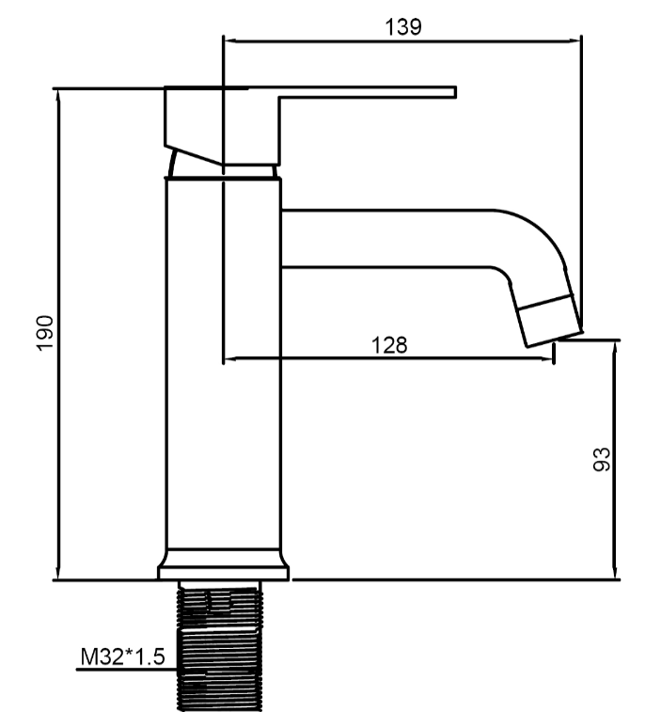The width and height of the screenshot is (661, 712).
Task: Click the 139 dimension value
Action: pyautogui.click(x=403, y=26)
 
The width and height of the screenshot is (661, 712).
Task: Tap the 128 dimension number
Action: pyautogui.click(x=389, y=345)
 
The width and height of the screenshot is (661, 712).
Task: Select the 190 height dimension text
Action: pyautogui.click(x=45, y=332)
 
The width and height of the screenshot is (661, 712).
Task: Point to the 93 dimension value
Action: pyautogui.click(x=602, y=459)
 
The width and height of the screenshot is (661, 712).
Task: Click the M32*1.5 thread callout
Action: pyautogui.click(x=122, y=657)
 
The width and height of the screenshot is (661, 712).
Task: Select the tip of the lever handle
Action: pyautogui.click(x=455, y=92)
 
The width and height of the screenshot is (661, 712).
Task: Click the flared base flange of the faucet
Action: pyautogui.click(x=224, y=564)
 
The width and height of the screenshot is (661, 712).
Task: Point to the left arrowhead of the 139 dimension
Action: pyautogui.click(x=229, y=40)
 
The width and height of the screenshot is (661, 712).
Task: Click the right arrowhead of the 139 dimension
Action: pyautogui.click(x=574, y=40)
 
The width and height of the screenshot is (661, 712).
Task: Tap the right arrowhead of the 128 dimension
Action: pyautogui.click(x=546, y=358)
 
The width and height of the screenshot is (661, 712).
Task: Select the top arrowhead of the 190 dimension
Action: pyautogui.click(x=57, y=94)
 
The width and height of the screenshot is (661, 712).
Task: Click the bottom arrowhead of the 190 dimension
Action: pyautogui.click(x=57, y=573)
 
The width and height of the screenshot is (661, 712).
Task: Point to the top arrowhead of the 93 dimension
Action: pyautogui.click(x=615, y=347)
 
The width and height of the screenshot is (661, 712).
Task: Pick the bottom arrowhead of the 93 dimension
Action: pyautogui.click(x=615, y=572)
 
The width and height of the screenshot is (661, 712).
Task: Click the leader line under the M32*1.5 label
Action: pyautogui.click(x=126, y=670)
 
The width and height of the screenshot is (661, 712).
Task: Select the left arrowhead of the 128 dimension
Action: pyautogui.click(x=230, y=358)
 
